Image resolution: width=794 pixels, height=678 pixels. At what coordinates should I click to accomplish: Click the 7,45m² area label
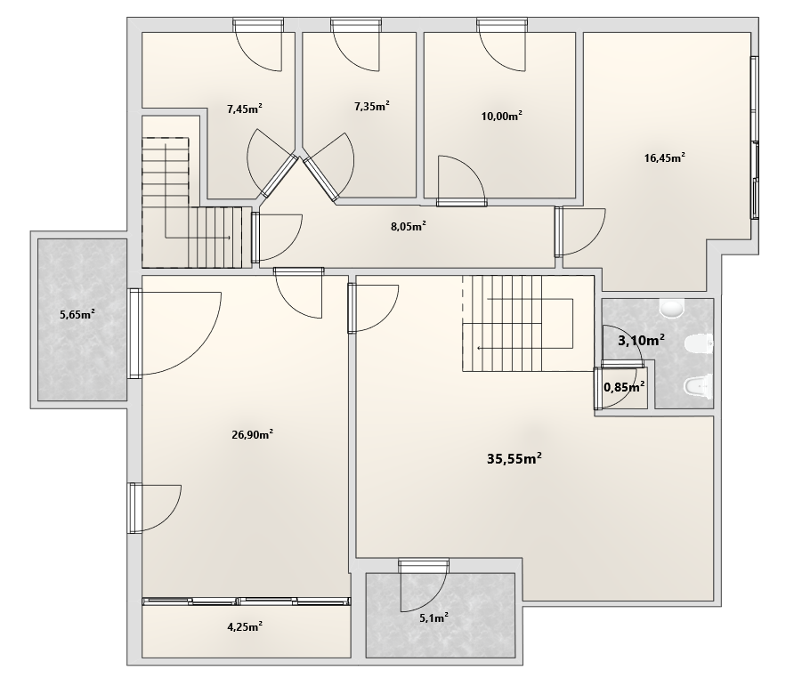click(245, 109)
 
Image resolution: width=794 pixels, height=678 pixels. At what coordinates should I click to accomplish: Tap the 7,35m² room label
click(372, 107)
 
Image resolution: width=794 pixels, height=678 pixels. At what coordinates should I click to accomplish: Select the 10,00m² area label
click(501, 116)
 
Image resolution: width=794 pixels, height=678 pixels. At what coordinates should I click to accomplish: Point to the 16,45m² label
click(664, 157)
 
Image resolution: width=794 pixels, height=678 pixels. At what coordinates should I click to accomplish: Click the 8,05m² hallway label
click(409, 226)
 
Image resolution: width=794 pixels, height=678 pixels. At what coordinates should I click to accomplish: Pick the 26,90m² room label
click(253, 434)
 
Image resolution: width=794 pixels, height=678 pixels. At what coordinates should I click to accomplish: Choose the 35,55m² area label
click(514, 459)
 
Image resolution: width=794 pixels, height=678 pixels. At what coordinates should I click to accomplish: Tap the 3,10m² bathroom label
click(641, 340)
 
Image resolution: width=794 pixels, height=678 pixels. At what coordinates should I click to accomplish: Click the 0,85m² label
click(624, 387)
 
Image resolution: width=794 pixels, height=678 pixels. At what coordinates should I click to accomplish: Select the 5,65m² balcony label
click(77, 314)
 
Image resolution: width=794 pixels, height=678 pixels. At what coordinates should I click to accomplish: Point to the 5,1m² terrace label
click(434, 617)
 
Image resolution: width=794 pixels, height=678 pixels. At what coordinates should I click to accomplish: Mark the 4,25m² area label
click(245, 627)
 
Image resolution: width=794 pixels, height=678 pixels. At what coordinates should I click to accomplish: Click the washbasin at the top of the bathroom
click(672, 309)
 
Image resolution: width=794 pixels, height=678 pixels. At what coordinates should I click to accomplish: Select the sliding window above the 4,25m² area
click(247, 601)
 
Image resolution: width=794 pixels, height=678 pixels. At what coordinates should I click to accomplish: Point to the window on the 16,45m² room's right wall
click(755, 138)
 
